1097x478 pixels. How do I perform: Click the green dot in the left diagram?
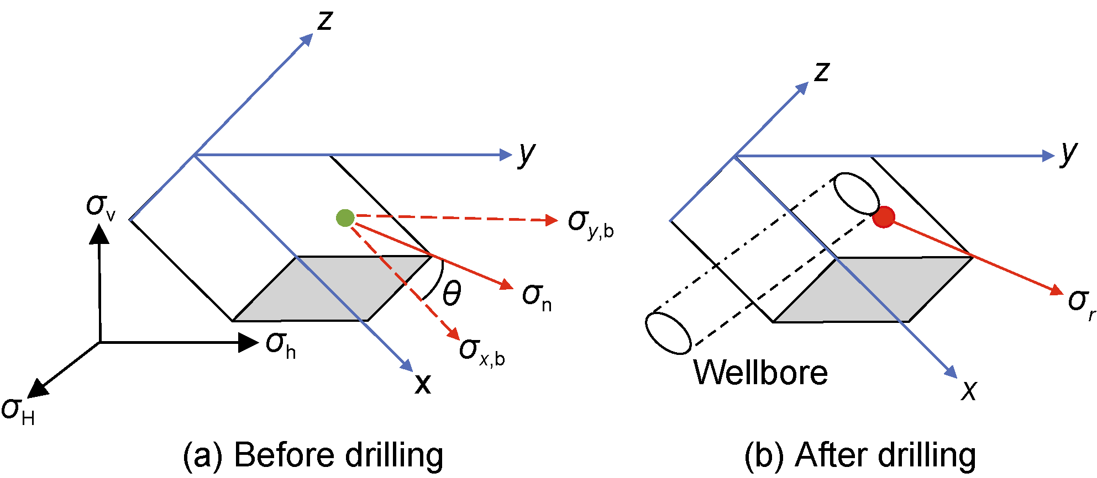point(345,218)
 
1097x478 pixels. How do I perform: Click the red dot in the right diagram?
point(884,217)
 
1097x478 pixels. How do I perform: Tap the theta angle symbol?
point(452,293)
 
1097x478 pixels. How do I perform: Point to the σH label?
point(18,412)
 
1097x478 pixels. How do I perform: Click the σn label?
point(537,297)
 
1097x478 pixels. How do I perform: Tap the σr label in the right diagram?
point(1081,302)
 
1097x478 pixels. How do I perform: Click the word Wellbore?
point(760,373)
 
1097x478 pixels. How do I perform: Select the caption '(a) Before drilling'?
point(313,455)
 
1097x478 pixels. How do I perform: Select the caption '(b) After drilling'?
point(860,455)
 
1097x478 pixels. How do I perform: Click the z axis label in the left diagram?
point(325,20)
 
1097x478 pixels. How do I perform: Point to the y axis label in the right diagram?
point(1069,153)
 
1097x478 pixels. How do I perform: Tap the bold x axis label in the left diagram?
point(423,383)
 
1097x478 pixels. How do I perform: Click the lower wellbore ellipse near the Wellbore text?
point(668,333)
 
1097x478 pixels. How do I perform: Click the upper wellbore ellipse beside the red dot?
point(856,193)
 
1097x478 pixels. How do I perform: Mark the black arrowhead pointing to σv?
point(99,234)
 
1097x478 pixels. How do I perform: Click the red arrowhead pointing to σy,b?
point(551,220)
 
